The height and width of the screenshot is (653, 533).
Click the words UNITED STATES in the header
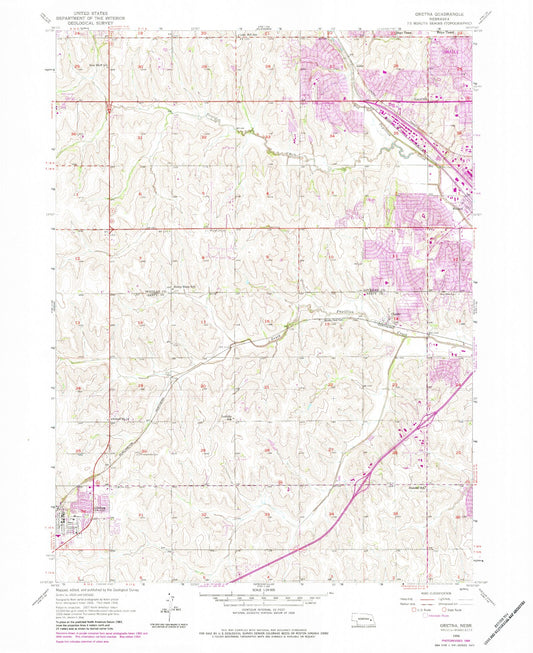(x=82, y=7)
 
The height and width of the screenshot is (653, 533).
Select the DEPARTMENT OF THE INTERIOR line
(x=82, y=12)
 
